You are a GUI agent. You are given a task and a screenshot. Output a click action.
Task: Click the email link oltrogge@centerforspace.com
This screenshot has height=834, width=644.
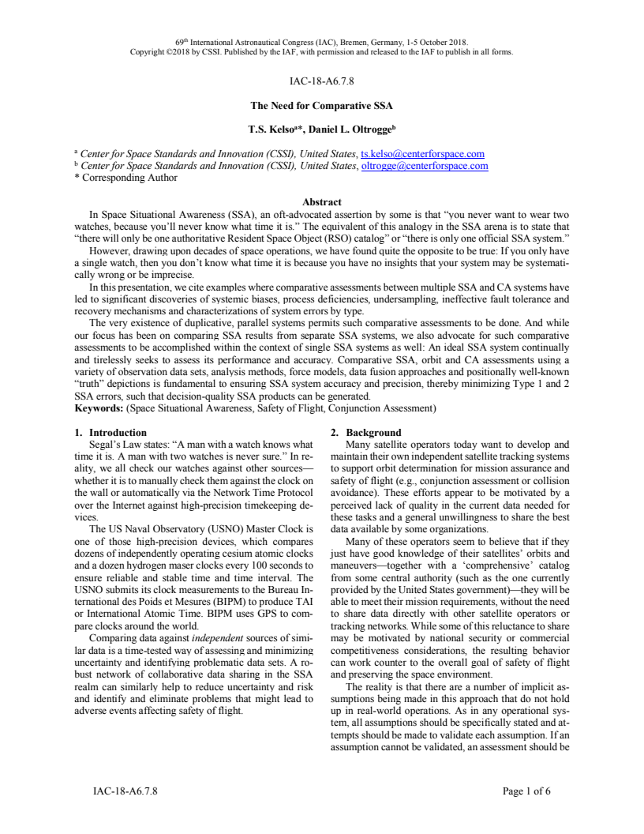pos(425,166)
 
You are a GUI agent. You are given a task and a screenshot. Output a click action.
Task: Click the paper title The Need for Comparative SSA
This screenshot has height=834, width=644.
pos(321,105)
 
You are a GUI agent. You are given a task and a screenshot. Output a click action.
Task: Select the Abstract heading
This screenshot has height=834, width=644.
pos(321,201)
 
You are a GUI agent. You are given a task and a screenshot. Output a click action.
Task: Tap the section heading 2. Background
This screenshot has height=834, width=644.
pos(367,433)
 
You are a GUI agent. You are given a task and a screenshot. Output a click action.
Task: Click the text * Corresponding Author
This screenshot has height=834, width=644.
pos(126,178)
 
